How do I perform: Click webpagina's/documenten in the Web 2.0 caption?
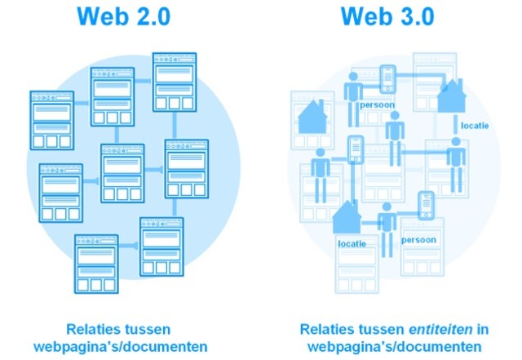(121, 346)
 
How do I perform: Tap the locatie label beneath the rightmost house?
(476, 127)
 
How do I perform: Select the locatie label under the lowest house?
(352, 243)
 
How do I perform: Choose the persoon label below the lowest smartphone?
(419, 241)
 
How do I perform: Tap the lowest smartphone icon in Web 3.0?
(426, 205)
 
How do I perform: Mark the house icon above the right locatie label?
(454, 96)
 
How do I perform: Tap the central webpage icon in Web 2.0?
(122, 172)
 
